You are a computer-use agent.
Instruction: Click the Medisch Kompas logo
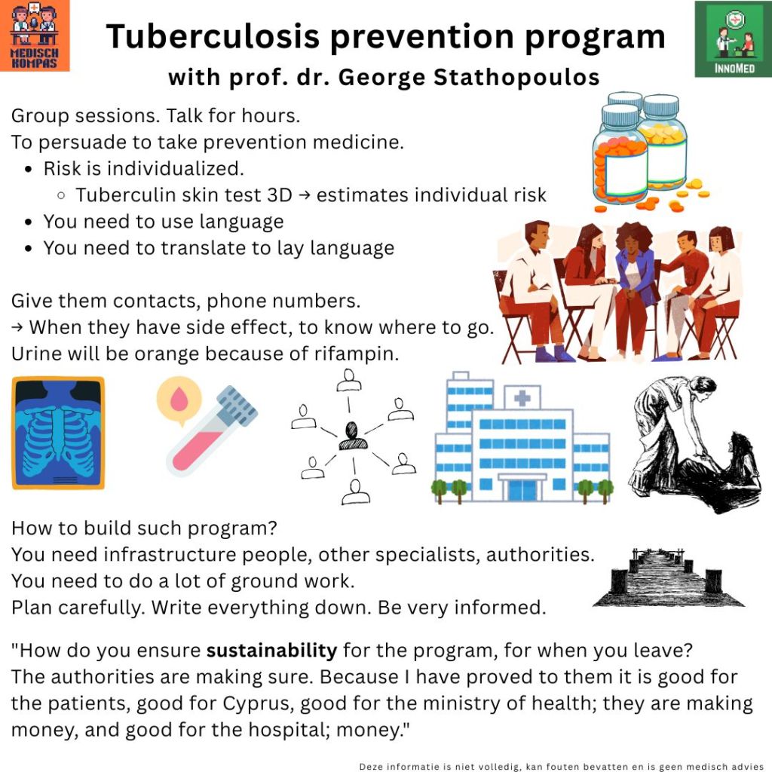coord(35,35)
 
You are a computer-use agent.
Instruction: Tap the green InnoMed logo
coord(734,39)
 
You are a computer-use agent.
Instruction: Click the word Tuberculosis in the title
coord(213,36)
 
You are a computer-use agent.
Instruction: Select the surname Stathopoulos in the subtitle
coord(516,78)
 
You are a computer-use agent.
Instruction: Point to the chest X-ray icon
coord(58,433)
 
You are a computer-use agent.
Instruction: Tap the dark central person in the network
coord(353,437)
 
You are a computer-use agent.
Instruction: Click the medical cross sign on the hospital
coord(522,397)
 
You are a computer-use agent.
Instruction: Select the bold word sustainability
coord(271,651)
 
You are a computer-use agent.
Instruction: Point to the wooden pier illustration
coord(669,577)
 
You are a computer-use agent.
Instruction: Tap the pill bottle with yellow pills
coord(663,142)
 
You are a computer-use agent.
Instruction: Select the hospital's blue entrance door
coord(522,490)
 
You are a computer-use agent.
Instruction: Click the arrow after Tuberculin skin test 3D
coord(305,195)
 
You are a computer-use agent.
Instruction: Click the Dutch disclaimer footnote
coord(561,766)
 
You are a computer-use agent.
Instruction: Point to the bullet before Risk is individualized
coord(29,170)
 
